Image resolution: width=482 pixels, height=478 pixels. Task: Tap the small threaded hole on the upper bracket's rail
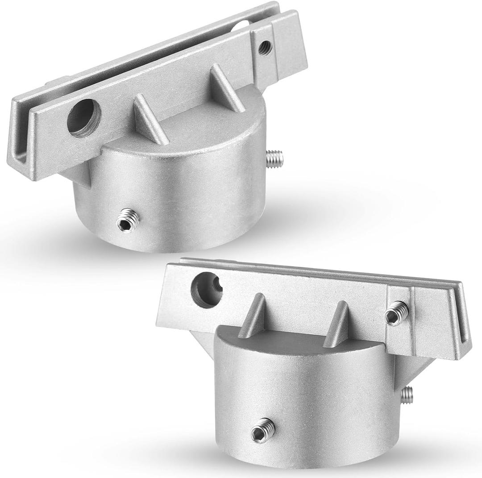(x=265, y=45)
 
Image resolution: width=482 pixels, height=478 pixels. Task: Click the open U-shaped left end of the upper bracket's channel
(x=20, y=152)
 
